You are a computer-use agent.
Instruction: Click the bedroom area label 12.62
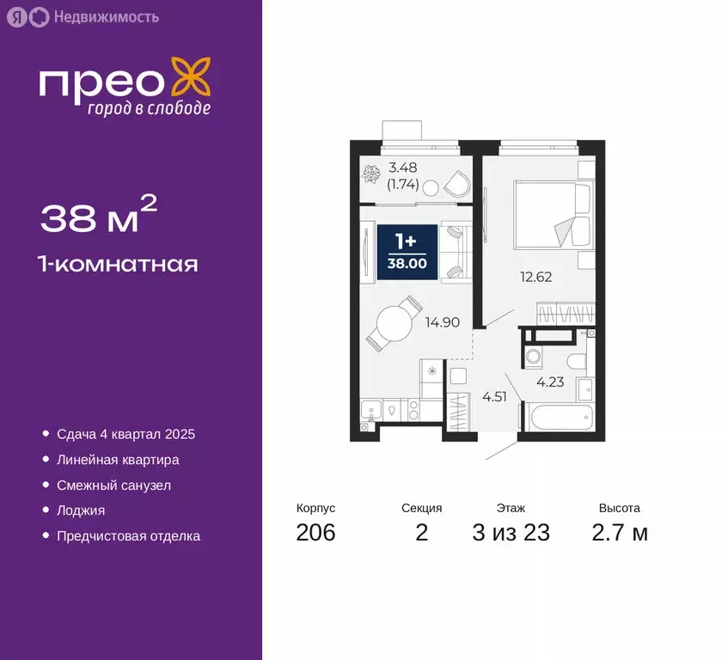[535, 277]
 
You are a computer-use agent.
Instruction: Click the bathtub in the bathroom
[558, 420]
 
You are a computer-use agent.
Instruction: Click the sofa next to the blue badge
[454, 251]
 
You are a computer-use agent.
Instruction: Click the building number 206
[315, 533]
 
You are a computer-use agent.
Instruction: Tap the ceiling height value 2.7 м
[620, 533]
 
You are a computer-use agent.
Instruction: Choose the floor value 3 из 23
[511, 533]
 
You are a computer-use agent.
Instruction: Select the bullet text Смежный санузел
[113, 486]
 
